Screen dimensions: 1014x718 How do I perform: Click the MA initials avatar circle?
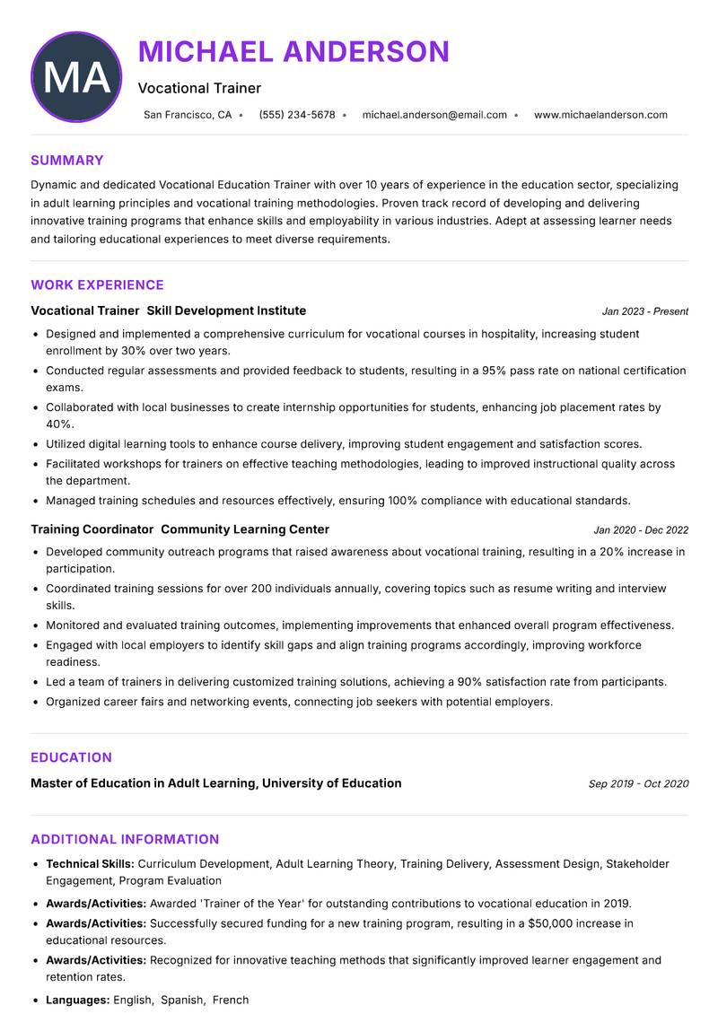(x=76, y=77)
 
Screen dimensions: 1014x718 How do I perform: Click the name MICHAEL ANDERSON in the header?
(x=293, y=51)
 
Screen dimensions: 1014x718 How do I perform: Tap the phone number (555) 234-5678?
(x=296, y=115)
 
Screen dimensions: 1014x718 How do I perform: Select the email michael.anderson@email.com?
(x=434, y=115)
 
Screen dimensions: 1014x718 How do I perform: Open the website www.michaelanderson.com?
(x=600, y=115)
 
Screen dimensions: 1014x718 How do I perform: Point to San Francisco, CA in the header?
(x=188, y=115)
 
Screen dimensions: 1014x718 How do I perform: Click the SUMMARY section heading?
(x=67, y=161)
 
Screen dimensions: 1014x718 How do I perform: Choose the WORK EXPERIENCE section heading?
(x=97, y=285)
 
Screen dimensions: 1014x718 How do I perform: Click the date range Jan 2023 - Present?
(x=644, y=311)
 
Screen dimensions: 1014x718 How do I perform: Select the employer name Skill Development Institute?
(x=226, y=310)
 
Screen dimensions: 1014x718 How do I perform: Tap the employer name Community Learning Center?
(x=245, y=529)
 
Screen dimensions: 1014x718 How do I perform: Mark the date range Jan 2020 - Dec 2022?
(x=641, y=530)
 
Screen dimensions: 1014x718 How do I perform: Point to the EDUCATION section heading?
(x=71, y=757)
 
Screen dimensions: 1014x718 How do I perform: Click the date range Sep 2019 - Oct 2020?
(x=638, y=784)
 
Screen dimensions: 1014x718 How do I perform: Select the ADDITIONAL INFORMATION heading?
(x=125, y=840)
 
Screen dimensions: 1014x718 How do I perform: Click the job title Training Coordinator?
(x=85, y=529)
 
